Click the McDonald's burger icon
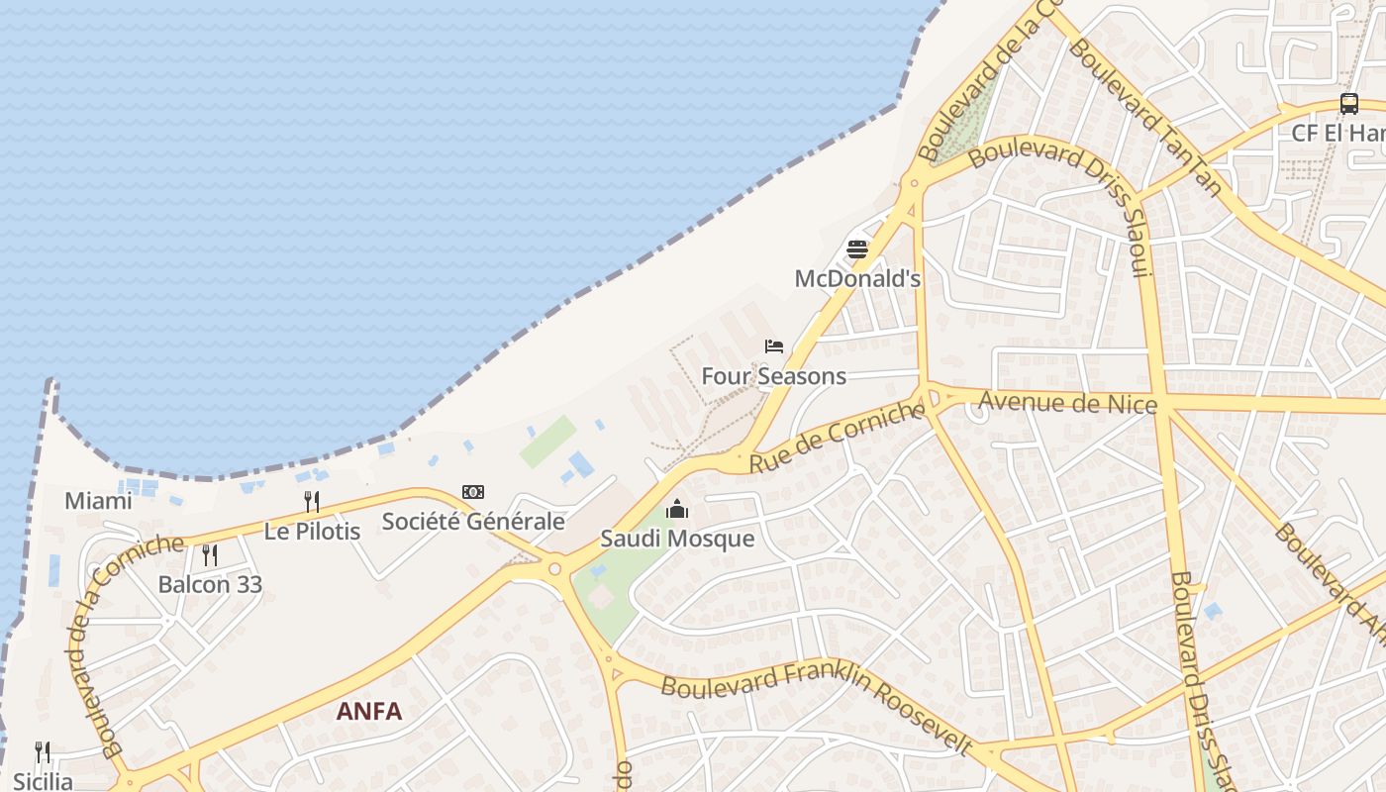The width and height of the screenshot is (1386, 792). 857,249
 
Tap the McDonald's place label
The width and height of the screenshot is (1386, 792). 857,279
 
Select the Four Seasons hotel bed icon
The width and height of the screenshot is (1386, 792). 774,346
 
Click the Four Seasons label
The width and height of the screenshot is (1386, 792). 774,376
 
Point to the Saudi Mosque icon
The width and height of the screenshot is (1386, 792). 677,510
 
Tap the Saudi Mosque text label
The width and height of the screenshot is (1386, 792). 677,540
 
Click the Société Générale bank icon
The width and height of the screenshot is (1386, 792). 473,492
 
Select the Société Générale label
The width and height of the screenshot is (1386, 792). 473,522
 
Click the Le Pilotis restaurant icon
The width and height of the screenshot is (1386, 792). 311,501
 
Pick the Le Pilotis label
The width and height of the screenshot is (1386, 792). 312,531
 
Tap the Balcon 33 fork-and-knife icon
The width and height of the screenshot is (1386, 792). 210,554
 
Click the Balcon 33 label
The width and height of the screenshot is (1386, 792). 210,584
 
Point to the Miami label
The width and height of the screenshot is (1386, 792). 98,501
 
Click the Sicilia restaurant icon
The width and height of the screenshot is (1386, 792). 42,752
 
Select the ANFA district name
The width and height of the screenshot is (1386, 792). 369,711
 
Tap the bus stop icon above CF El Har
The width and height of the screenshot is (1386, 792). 1348,103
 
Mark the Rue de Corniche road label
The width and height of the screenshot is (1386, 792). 837,438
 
